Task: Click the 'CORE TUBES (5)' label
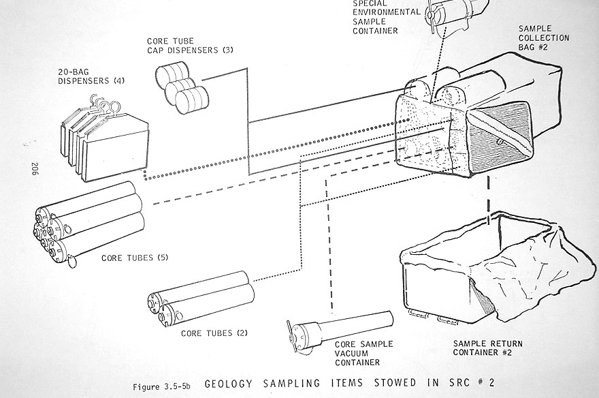[135, 258]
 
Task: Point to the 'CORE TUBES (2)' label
[214, 333]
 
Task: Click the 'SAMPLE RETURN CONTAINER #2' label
[485, 346]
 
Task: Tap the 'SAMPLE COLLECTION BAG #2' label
[544, 38]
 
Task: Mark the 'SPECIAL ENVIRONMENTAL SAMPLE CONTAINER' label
[385, 16]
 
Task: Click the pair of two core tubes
[201, 298]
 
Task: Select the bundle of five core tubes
[88, 221]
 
